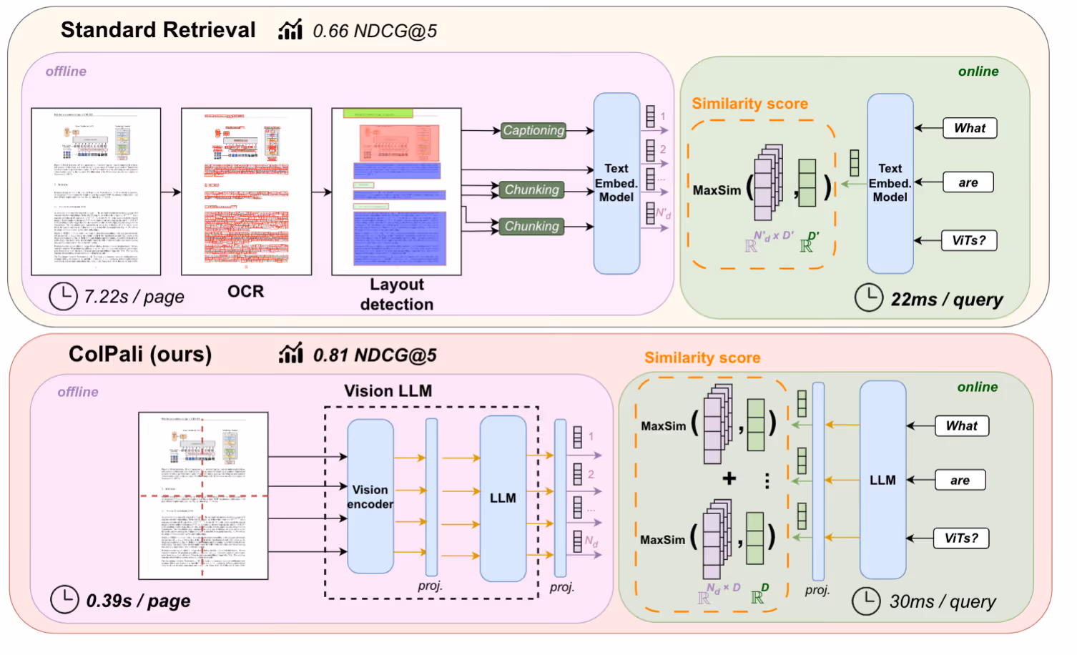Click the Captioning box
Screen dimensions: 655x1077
click(533, 130)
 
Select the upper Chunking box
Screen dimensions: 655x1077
click(532, 189)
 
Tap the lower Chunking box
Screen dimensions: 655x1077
click(532, 226)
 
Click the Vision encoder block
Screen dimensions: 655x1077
click(370, 496)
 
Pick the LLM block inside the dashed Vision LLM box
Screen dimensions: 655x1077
click(503, 498)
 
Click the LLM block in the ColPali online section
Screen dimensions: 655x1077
click(882, 480)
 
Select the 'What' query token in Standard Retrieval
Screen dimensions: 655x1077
click(969, 128)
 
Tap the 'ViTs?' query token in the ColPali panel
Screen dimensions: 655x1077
click(961, 538)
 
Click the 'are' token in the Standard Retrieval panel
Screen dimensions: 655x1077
click(968, 182)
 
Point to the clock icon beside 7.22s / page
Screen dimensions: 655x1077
click(63, 296)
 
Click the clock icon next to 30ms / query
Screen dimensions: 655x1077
click(867, 601)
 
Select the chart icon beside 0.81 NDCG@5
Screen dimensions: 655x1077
click(290, 353)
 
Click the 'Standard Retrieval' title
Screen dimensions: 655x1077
click(157, 30)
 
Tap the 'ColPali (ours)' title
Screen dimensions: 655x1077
click(140, 355)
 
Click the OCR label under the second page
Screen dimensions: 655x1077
click(245, 292)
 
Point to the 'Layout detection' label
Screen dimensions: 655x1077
click(397, 294)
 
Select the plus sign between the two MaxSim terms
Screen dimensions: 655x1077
click(729, 478)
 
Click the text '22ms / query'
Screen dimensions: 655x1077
click(946, 300)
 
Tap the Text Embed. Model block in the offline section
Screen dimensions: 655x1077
click(616, 183)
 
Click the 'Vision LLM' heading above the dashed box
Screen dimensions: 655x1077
click(388, 391)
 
